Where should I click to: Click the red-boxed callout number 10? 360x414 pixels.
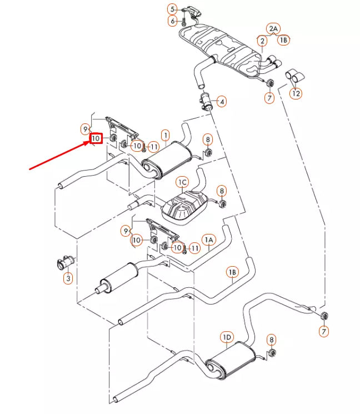click(x=96, y=138)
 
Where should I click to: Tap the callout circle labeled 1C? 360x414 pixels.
click(x=182, y=182)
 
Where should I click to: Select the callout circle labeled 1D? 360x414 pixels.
click(x=227, y=337)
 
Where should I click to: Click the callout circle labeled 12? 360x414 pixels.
click(x=296, y=93)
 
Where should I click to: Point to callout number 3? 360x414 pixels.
click(x=173, y=9)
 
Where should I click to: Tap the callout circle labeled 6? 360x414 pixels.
click(x=208, y=240)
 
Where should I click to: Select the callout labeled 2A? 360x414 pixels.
click(x=232, y=272)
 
